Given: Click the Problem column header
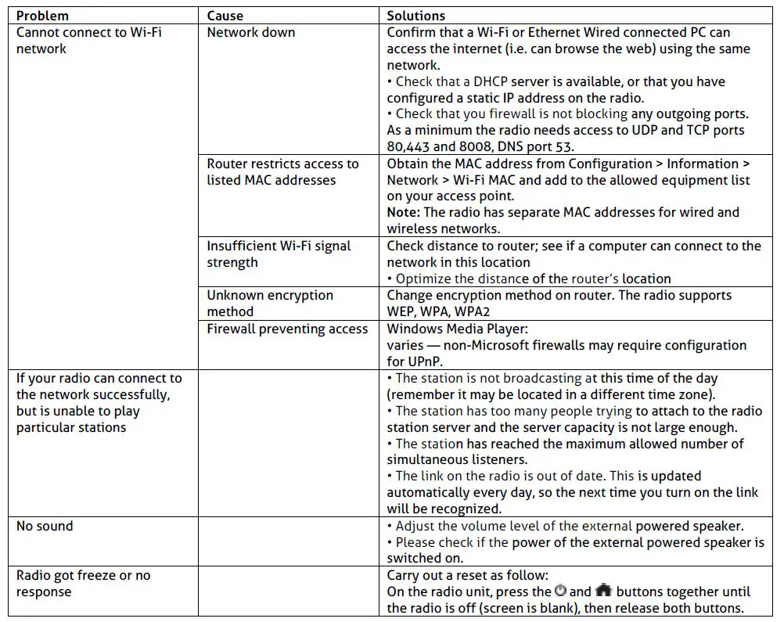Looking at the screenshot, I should [x=42, y=16].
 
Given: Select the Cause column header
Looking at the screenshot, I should [x=225, y=16].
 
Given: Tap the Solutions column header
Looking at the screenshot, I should [x=415, y=16].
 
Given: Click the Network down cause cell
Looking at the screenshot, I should [x=250, y=32].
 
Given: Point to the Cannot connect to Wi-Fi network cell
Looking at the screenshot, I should [x=88, y=40].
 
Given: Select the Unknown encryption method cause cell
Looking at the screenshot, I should [x=269, y=303].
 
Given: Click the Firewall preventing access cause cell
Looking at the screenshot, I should [x=286, y=329].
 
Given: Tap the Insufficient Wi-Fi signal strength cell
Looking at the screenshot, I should [x=278, y=253].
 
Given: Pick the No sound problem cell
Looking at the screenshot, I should [x=45, y=526].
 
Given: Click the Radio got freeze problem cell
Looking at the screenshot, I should [x=83, y=583].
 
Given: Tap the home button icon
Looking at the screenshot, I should [x=603, y=591].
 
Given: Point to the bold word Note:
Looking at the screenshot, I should [x=404, y=212].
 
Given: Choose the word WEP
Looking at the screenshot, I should [x=402, y=311].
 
